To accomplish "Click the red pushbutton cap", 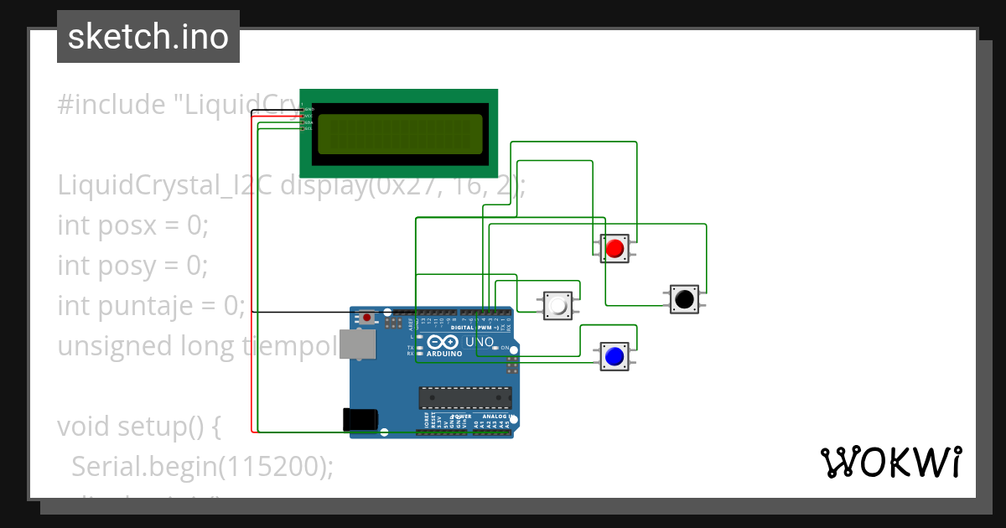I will coord(614,248).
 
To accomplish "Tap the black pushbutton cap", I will coord(684,298).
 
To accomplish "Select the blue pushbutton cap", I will coord(614,356).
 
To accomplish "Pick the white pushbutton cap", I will coord(557,305).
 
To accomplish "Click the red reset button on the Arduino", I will coord(368,318).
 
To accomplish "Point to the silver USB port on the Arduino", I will coord(361,344).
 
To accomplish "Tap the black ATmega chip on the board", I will coord(465,398).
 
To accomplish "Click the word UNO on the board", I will coord(480,342).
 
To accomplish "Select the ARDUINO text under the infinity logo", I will coord(443,354).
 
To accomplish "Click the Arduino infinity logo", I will coord(443,342).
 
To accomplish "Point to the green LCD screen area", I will coord(400,133).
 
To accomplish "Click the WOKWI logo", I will coord(890,463).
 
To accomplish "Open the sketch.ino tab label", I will coord(148,37).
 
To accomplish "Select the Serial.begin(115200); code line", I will coord(202,467).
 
